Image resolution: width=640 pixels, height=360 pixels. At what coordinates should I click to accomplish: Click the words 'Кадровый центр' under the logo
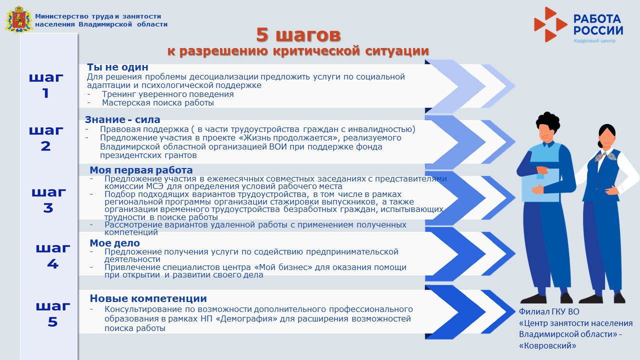pyautogui.click(x=594, y=40)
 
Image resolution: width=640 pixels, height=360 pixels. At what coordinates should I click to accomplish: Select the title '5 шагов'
pyautogui.click(x=298, y=35)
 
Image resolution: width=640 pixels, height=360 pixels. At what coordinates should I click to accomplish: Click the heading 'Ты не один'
pyautogui.click(x=117, y=67)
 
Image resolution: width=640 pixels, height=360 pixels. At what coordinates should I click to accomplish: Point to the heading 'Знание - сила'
pyautogui.click(x=122, y=119)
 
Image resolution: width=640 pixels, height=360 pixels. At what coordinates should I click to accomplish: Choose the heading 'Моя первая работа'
pyautogui.click(x=141, y=170)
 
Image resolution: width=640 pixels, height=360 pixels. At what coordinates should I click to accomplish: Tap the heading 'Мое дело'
pyautogui.click(x=114, y=243)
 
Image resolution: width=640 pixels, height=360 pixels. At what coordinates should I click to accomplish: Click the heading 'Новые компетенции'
pyautogui.click(x=148, y=298)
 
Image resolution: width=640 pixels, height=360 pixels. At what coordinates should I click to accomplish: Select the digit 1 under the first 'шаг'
pyautogui.click(x=45, y=93)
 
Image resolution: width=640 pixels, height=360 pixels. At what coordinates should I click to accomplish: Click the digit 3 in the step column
pyautogui.click(x=48, y=207)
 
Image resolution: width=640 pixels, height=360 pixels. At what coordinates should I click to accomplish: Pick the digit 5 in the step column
pyautogui.click(x=52, y=322)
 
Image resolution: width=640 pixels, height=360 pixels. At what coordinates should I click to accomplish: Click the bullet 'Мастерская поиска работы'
pyautogui.click(x=158, y=103)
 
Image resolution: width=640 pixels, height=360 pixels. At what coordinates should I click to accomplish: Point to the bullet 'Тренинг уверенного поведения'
pyautogui.click(x=168, y=94)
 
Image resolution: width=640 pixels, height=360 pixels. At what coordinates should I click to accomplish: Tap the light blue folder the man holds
pyautogui.click(x=540, y=185)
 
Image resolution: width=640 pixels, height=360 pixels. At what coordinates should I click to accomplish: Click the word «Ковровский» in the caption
pyautogui.click(x=547, y=345)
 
